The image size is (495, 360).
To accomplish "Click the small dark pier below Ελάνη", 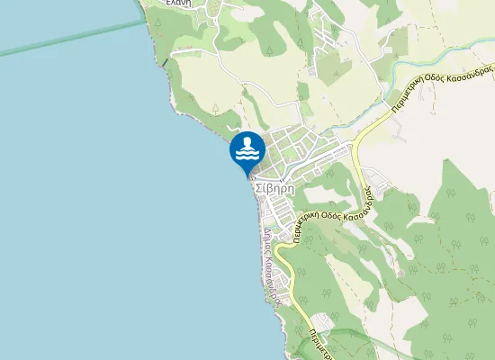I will (166, 62).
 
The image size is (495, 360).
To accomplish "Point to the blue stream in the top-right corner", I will (423, 69).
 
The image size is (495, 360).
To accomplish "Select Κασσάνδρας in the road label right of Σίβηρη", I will (366, 193).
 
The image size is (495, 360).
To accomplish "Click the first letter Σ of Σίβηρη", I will (259, 189).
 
